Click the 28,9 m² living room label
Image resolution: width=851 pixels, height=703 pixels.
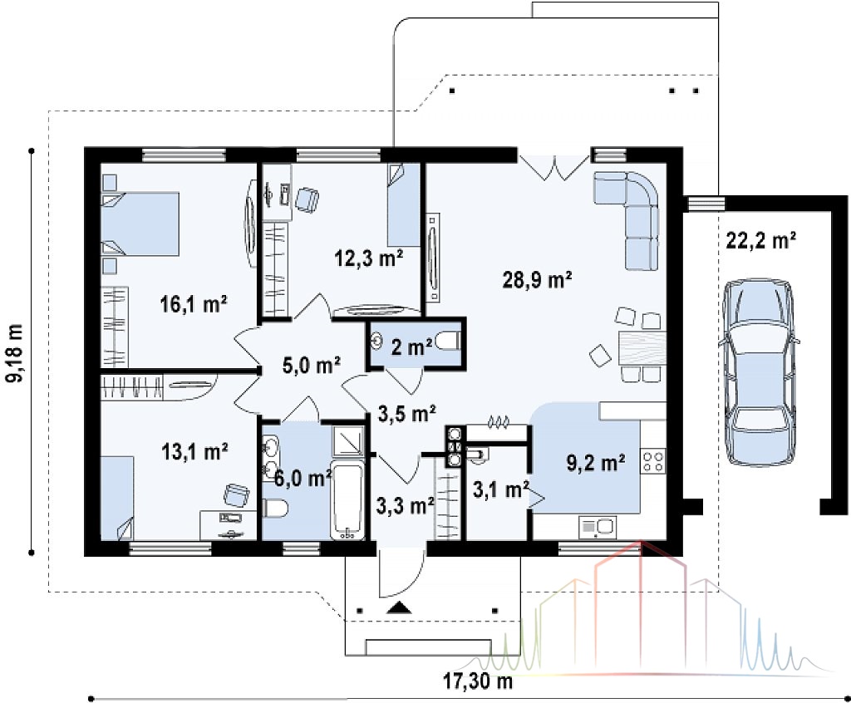click(537, 280)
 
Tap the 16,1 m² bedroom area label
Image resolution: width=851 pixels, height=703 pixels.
click(194, 304)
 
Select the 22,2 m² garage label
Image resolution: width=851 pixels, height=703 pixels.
click(761, 239)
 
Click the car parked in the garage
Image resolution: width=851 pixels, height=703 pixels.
click(759, 371)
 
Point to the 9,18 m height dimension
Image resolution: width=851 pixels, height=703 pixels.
click(16, 353)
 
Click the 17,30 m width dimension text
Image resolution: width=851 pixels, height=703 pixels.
click(478, 681)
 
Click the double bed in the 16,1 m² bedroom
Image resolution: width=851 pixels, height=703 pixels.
click(140, 223)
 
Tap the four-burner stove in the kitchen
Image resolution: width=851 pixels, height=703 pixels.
click(653, 461)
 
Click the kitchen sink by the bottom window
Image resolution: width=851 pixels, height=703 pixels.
click(597, 527)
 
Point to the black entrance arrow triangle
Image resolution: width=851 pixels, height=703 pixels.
click(399, 607)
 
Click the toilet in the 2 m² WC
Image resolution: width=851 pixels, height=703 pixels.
click(450, 342)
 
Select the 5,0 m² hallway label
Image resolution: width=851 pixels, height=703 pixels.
click(312, 365)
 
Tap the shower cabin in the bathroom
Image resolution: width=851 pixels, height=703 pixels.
click(347, 440)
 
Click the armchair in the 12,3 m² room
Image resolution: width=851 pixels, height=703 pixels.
click(307, 199)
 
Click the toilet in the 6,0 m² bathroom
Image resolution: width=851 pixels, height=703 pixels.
click(275, 508)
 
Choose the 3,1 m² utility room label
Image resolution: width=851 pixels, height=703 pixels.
click(500, 489)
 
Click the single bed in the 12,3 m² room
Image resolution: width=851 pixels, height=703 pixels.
click(404, 204)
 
